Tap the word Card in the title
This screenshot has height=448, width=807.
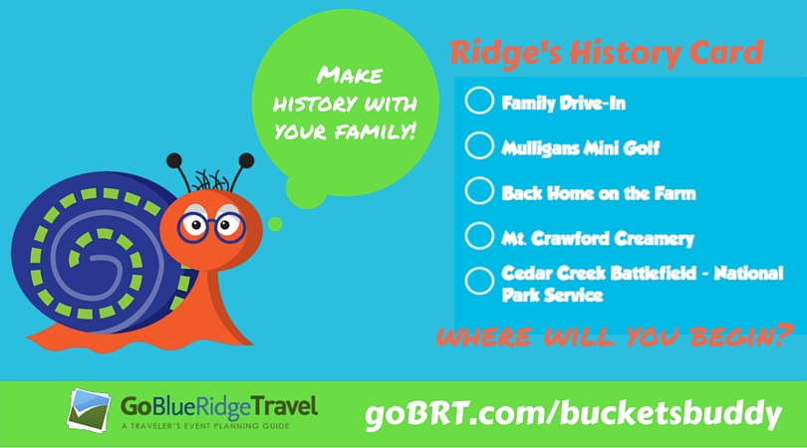726,52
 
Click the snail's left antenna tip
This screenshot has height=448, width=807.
174,160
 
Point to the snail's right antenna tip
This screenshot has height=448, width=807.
246,160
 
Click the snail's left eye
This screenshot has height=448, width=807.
195,225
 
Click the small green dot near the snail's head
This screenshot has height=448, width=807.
275,224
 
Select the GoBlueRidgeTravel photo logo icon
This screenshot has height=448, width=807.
89,411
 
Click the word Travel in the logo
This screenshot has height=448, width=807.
284,407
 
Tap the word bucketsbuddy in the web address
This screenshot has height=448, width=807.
671,413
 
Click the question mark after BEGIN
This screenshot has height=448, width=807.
783,335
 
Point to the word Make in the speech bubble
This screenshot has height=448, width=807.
350,75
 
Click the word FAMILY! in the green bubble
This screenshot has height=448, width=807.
375,131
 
